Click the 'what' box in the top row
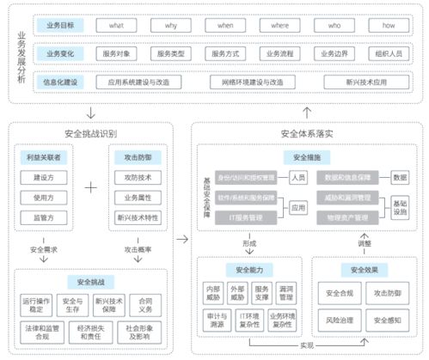click(116, 26)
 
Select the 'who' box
click(333, 26)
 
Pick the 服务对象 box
click(117, 53)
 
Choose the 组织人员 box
click(388, 53)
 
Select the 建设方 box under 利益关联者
click(43, 178)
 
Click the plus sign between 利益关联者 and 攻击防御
click(90, 185)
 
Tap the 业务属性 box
click(137, 198)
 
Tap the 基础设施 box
click(400, 206)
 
